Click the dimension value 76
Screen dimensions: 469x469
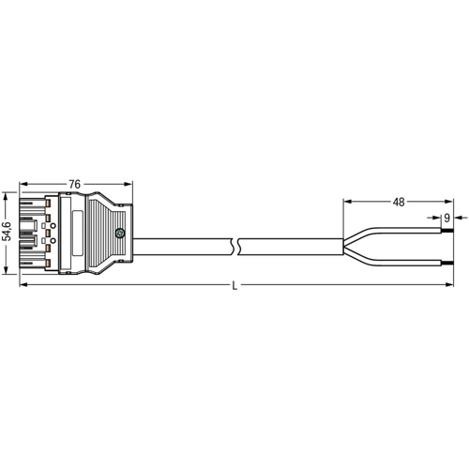pos(75,184)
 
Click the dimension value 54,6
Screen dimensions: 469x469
pos(7,232)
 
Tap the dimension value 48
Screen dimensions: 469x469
pos(399,203)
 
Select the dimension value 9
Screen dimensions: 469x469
pos(446,218)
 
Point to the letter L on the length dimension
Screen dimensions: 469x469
pos(234,285)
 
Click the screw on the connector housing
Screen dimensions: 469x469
pos(119,233)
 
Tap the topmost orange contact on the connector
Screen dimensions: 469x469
pos(48,204)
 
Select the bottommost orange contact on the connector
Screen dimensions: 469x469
pos(48,264)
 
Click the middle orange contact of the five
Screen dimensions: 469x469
pos(48,234)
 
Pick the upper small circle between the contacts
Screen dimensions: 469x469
pos(53,226)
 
